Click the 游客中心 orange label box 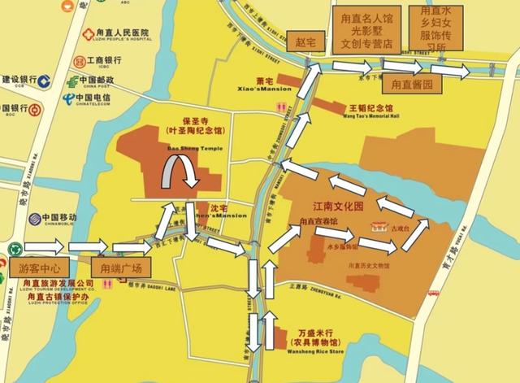click(40, 267)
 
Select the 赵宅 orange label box click(300, 39)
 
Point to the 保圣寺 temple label click(195, 119)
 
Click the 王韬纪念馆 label click(370, 107)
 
